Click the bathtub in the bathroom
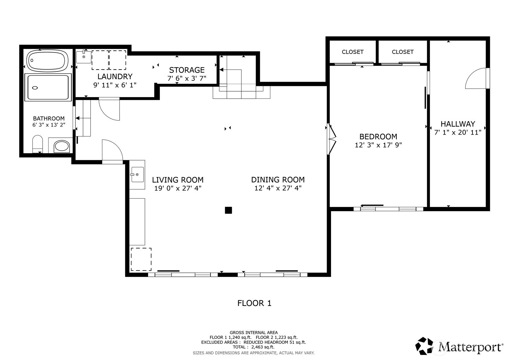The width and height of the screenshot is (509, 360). (x=47, y=61)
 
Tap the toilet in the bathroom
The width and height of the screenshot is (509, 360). (x=37, y=144)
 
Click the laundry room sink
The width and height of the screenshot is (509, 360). (x=84, y=57)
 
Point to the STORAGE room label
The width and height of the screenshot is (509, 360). (x=187, y=70)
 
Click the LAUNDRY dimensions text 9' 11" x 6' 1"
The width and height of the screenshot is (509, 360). (x=115, y=85)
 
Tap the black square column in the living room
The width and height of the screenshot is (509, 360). (x=228, y=210)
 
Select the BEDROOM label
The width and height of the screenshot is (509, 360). (x=378, y=136)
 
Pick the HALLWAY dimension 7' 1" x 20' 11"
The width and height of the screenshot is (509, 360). (x=458, y=132)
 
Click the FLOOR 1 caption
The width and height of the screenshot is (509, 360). (x=254, y=303)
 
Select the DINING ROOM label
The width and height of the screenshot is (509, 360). (x=278, y=180)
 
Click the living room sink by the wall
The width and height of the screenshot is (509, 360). (x=137, y=174)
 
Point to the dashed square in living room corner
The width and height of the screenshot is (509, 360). (x=141, y=259)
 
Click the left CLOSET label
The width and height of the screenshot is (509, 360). (x=353, y=52)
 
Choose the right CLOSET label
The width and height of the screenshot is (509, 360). (x=403, y=52)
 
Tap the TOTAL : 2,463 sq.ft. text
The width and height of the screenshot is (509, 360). (x=254, y=347)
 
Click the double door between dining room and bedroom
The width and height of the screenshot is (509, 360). (x=331, y=139)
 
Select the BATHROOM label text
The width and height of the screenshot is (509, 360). (x=49, y=118)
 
